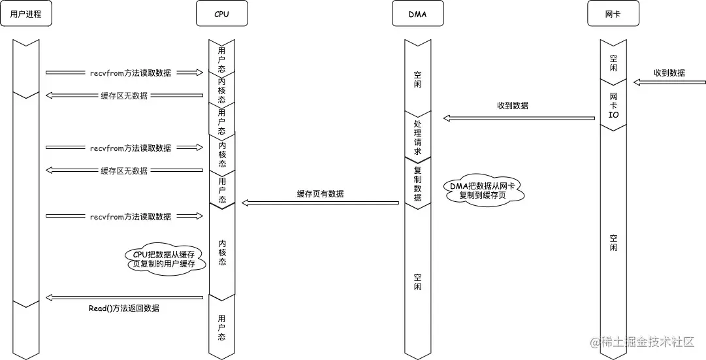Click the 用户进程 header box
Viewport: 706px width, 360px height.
25,14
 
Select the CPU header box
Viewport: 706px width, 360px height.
221,14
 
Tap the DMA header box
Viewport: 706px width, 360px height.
417,14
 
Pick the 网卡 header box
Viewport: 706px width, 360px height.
613,14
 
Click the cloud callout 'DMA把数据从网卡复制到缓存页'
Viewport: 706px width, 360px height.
487,191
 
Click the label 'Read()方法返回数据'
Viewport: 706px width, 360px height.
124,308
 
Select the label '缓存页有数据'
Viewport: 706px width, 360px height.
320,194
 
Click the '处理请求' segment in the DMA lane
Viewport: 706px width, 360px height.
417,137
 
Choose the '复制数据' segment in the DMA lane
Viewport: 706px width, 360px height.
417,184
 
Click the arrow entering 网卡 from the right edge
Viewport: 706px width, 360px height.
669,82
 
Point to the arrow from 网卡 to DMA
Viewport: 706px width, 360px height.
519,118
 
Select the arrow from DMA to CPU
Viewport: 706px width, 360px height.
320,203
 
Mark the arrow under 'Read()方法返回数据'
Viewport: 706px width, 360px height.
124,298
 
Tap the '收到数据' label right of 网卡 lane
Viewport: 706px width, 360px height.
669,73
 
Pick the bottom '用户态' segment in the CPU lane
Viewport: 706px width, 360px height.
221,327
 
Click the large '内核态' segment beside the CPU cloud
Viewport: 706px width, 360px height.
221,252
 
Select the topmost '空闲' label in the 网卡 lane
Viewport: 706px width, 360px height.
613,63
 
